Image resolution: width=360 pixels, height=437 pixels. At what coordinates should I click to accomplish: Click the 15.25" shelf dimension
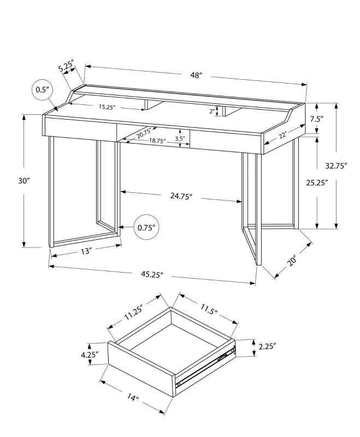[107, 108]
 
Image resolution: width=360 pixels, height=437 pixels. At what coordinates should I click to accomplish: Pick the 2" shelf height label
[211, 111]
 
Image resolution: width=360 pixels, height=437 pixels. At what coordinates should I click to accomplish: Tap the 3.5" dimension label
[180, 139]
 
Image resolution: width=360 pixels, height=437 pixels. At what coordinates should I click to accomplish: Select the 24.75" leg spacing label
[180, 196]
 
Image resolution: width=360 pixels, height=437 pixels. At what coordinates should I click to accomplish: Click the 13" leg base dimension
[85, 251]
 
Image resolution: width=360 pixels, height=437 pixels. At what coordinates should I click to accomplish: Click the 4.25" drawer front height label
[90, 355]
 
